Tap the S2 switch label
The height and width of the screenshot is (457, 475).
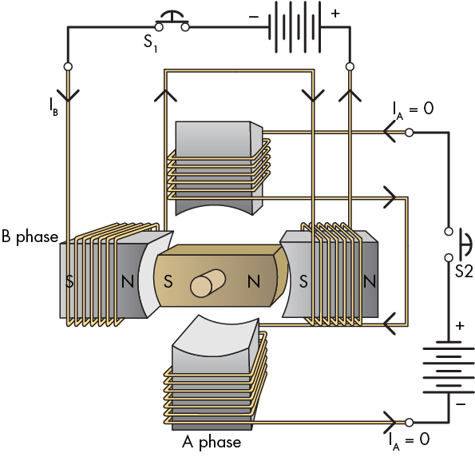(x=464, y=271)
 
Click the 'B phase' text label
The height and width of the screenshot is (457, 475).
(x=30, y=236)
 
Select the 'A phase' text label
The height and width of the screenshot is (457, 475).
(x=212, y=442)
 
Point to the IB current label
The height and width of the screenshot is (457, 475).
(x=53, y=107)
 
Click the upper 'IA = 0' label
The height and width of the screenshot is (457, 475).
(x=413, y=109)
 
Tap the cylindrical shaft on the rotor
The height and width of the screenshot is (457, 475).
(x=208, y=283)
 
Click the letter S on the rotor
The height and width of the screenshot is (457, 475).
(x=168, y=281)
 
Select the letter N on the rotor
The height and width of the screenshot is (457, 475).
(x=254, y=281)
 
